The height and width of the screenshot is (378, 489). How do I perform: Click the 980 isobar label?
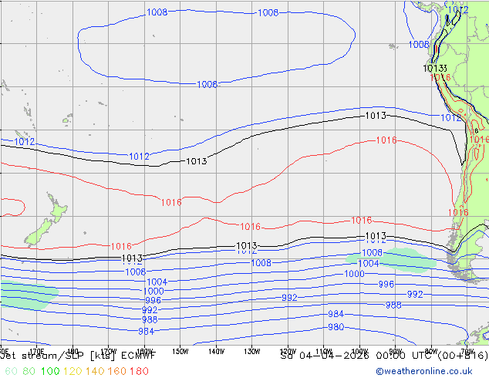point(336,326)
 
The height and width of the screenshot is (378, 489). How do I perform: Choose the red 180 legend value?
point(139,371)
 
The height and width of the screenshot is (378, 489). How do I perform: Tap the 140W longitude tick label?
point(216,351)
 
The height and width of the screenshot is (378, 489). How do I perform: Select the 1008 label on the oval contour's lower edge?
point(207,84)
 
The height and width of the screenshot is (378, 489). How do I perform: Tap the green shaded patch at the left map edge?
point(27,295)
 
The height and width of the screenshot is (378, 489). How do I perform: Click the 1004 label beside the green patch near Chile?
point(369,264)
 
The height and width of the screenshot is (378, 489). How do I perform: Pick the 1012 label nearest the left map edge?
point(25,142)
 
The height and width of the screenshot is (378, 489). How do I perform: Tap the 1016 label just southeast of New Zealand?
point(121,246)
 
